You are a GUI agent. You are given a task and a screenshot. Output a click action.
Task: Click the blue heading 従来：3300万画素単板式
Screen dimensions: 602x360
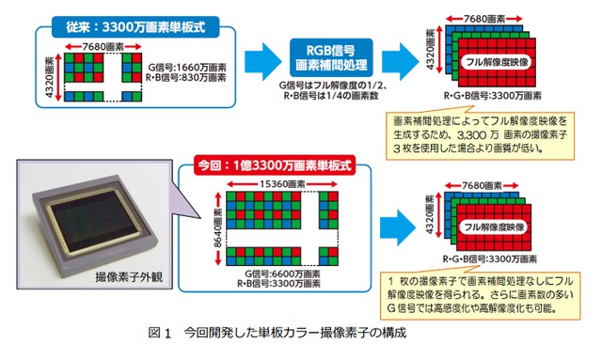tap(135, 27)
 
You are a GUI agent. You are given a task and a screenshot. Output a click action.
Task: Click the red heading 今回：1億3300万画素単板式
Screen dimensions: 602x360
tap(274, 165)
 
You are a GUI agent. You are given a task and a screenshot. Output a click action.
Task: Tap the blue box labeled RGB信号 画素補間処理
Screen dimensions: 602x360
tap(331, 57)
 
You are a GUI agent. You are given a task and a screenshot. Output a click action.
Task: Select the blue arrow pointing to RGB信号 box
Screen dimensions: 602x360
tap(263, 61)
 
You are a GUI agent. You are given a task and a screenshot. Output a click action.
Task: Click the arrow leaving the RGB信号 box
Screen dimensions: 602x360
tap(400, 61)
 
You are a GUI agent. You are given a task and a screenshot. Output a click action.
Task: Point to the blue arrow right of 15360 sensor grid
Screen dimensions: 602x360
tap(398, 227)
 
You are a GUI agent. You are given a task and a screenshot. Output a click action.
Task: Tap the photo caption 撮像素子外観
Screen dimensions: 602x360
tap(129, 276)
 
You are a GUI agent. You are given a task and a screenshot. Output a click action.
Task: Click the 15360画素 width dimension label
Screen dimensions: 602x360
tap(282, 184)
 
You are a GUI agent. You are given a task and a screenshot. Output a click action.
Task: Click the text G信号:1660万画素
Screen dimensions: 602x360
tap(187, 68)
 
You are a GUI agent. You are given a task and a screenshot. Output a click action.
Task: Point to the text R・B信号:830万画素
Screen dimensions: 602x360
tap(185, 77)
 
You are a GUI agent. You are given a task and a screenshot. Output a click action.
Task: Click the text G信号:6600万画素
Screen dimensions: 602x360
tap(282, 274)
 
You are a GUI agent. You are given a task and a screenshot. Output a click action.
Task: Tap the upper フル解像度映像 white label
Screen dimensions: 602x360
tap(497, 62)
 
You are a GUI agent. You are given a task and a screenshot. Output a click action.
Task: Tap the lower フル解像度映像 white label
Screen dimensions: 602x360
tap(494, 227)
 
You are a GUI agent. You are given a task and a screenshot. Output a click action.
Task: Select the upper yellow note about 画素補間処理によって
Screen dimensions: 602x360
tap(480, 134)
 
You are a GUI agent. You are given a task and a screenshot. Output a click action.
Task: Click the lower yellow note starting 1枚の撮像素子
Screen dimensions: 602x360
tap(480, 295)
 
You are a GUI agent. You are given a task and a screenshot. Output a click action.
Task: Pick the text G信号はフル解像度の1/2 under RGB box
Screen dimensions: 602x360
tap(332, 86)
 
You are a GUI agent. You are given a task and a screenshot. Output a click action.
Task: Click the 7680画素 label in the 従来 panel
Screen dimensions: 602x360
tap(103, 47)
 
